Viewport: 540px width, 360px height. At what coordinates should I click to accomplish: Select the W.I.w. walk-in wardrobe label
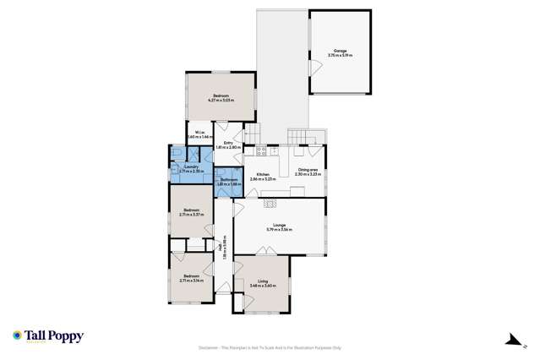pyautogui.click(x=198, y=134)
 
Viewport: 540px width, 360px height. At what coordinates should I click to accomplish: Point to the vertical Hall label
pyautogui.click(x=222, y=249)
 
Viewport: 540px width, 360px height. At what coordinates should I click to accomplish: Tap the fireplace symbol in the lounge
pyautogui.click(x=270, y=202)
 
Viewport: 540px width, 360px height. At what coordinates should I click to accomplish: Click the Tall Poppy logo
pyautogui.click(x=48, y=336)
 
